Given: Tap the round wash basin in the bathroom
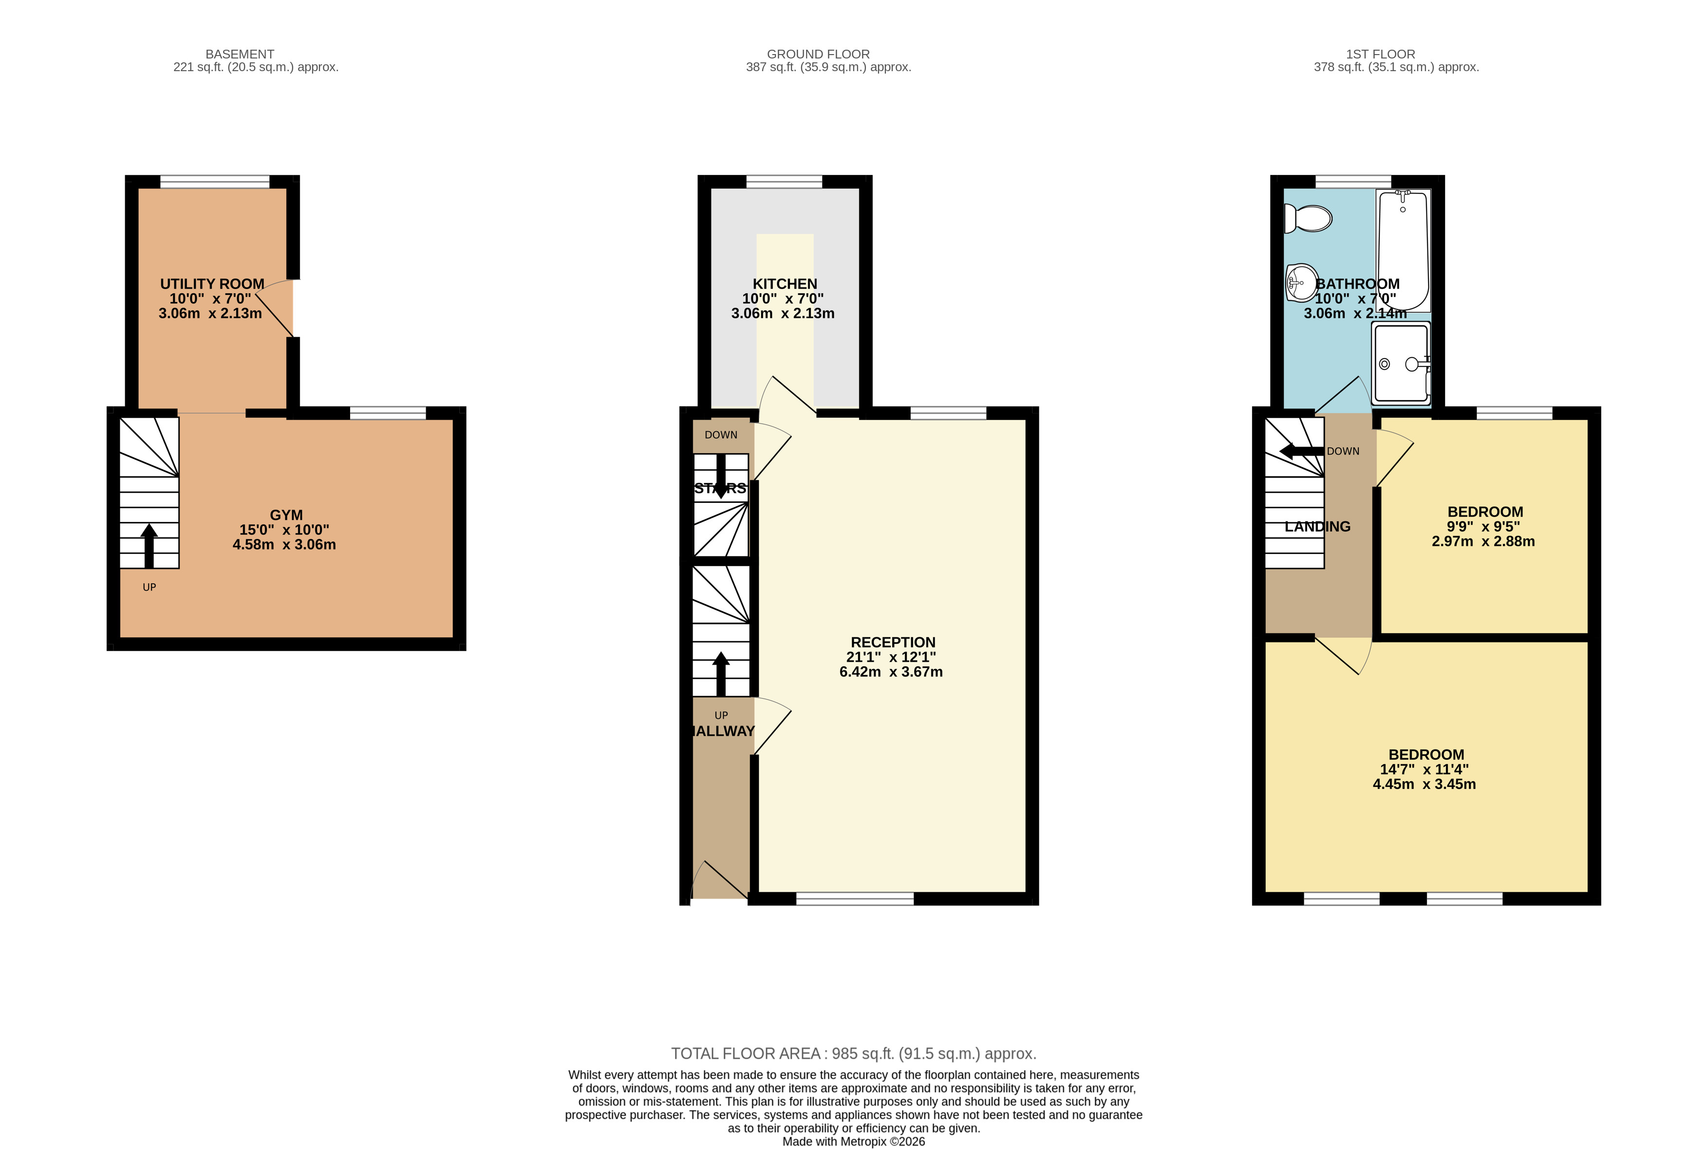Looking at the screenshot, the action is [x=1302, y=283].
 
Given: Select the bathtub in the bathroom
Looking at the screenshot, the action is [x=1403, y=250].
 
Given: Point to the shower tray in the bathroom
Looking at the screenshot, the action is [x=1401, y=364].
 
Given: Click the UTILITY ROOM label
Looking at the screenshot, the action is [x=212, y=284].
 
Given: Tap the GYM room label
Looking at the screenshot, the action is [x=286, y=515].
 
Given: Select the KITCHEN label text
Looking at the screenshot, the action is [x=785, y=284].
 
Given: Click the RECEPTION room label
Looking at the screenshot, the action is [x=893, y=642].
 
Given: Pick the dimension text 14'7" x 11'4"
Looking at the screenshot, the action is [x=1424, y=769].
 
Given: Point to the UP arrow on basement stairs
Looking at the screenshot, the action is [x=150, y=546].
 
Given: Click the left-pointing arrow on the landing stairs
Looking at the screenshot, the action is [x=1301, y=451].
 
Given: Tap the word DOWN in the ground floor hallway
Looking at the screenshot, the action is [x=721, y=435].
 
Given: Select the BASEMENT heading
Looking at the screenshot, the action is [x=240, y=54].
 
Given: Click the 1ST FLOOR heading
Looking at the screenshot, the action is [x=1381, y=54].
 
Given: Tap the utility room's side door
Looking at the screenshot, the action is [x=275, y=308].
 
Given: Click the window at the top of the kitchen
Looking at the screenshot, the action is [x=785, y=182].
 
